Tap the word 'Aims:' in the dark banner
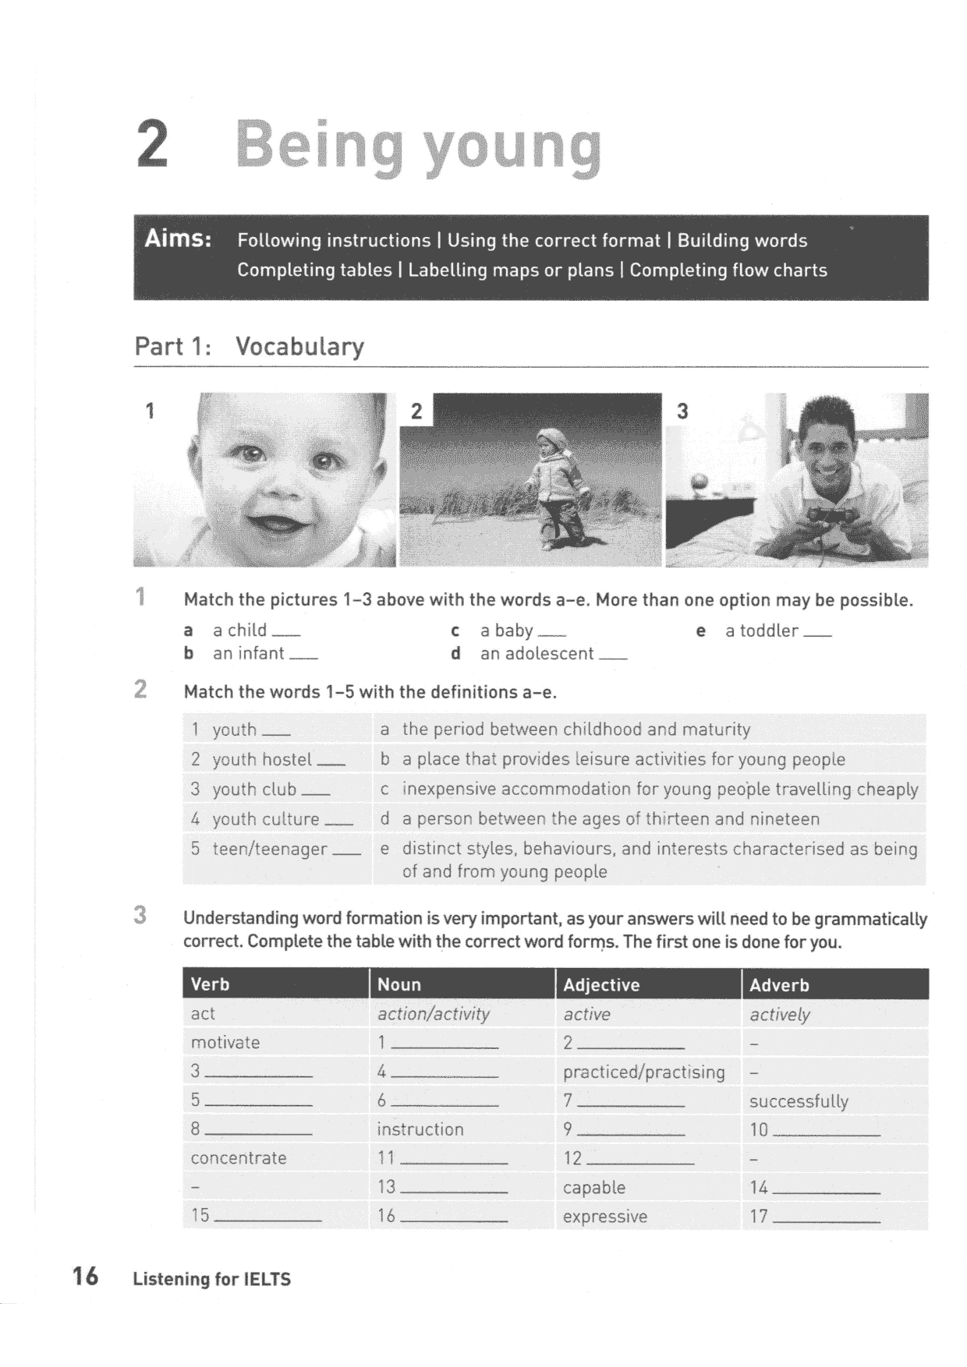tap(178, 238)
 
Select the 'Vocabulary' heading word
tap(299, 346)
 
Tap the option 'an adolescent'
tap(537, 654)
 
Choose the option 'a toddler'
tap(761, 631)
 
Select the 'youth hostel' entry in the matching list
tap(261, 759)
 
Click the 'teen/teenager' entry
tap(269, 849)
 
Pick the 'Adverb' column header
tap(779, 984)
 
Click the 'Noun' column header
tap(398, 984)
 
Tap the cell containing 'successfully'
tap(799, 1101)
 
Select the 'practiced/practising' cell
tap(643, 1072)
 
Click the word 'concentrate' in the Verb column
tap(238, 1158)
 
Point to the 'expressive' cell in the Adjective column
tap(605, 1217)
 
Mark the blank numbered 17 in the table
tap(825, 1217)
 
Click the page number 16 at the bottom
tap(85, 1276)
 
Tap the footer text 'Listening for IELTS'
tap(211, 1279)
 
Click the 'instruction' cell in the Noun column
tap(420, 1129)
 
